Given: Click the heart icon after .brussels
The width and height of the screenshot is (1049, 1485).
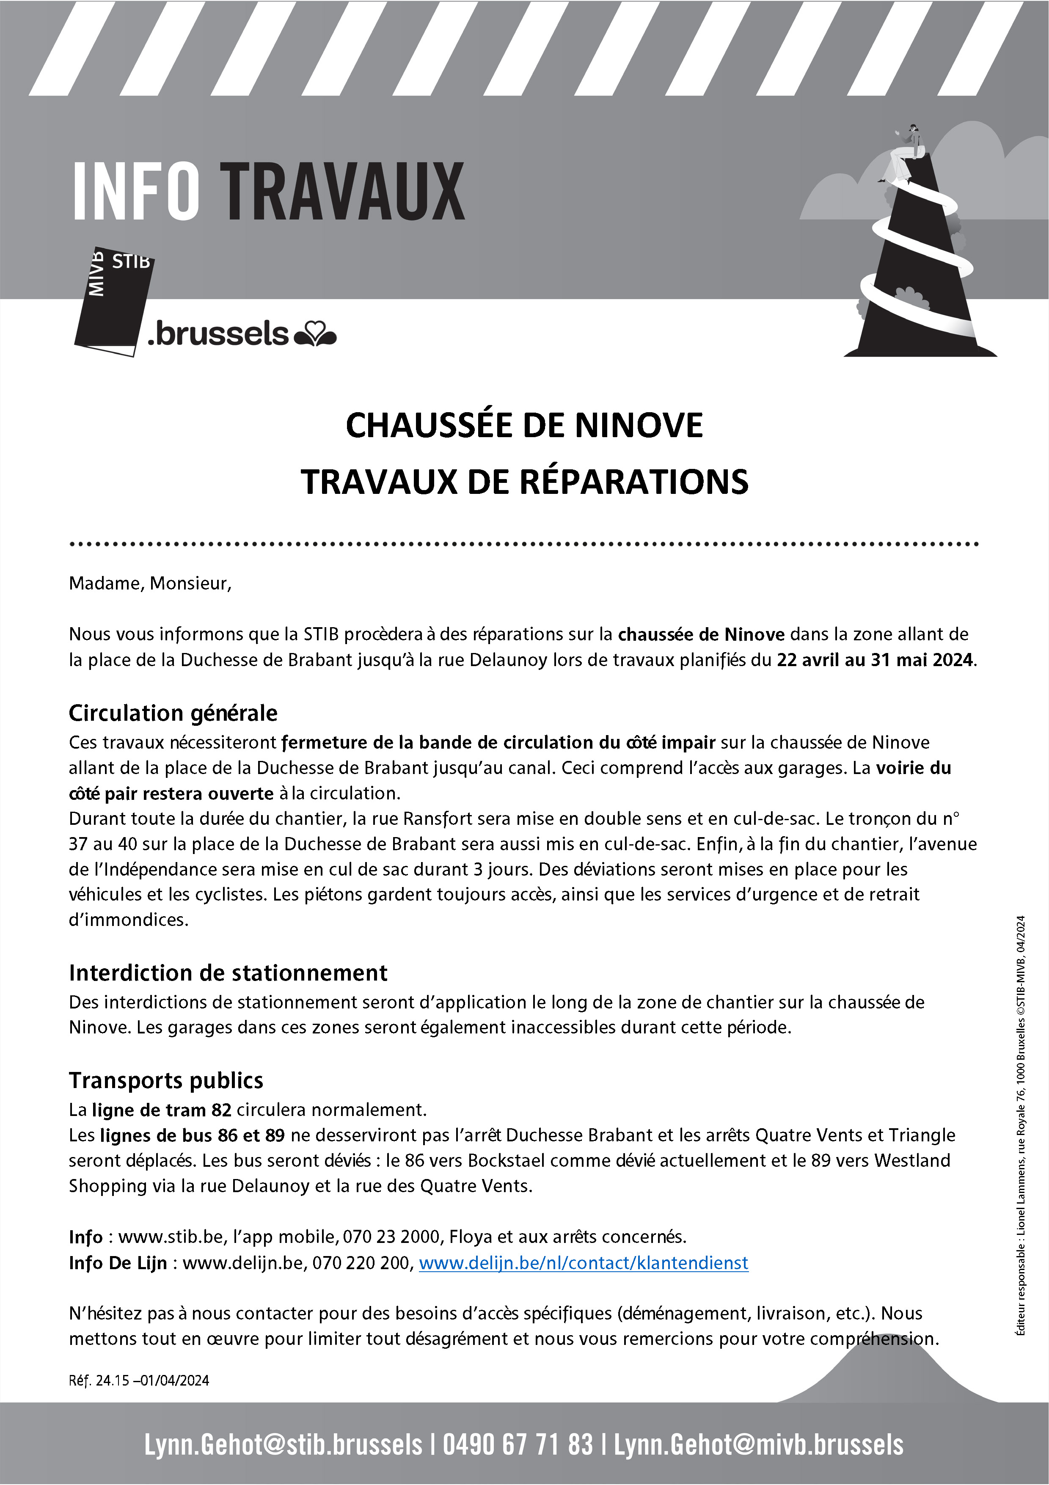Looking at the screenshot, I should (x=316, y=335).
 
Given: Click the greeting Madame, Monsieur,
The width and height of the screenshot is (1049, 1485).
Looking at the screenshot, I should (x=150, y=584).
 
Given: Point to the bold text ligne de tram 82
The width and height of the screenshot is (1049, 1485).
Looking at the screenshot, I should (x=161, y=1110).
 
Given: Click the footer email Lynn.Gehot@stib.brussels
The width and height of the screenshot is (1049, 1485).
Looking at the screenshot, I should (x=283, y=1445).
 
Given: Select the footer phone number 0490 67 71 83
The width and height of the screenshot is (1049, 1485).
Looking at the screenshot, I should (x=518, y=1445).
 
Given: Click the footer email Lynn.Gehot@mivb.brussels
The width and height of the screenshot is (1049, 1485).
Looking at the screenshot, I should (x=758, y=1445).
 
